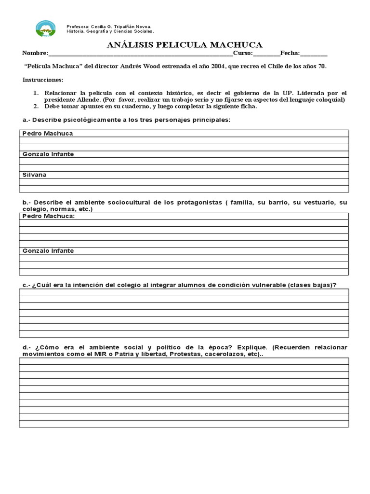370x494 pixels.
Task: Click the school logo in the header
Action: click(46, 29)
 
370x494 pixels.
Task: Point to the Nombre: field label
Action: click(35, 54)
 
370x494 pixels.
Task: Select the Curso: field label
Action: click(243, 54)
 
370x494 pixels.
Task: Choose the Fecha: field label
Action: click(290, 54)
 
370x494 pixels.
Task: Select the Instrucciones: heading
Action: click(42, 80)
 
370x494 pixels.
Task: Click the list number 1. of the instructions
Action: click(36, 93)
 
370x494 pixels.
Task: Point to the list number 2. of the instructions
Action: click(36, 106)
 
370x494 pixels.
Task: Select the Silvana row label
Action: click(34, 175)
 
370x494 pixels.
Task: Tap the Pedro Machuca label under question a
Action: click(47, 133)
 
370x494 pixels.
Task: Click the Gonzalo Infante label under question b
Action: click(48, 251)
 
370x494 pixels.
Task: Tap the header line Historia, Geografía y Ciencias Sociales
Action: click(110, 31)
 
